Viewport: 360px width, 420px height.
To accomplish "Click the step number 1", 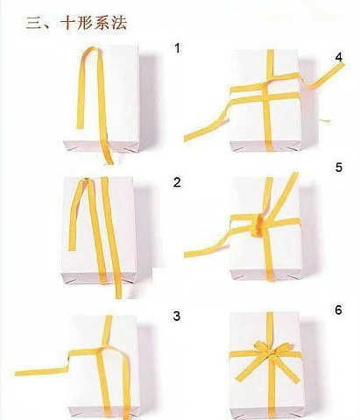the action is pos(177,48).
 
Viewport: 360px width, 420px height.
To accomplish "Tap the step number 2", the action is pos(177,182).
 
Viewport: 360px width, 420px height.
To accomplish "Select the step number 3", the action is pos(177,317).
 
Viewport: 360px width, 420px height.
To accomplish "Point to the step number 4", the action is pos(339,58).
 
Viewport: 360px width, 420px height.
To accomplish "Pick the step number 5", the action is pos(339,167).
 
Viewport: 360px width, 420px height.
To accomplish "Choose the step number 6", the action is pos(338,310).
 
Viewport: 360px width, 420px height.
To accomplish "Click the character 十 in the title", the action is pos(68,22).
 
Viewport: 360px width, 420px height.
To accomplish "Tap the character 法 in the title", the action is pos(119,22).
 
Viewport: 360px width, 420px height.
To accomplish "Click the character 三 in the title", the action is pos(35,23).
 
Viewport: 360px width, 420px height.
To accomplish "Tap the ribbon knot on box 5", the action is pos(258,225).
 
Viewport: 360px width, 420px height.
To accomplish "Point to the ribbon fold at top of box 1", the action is pos(91,50).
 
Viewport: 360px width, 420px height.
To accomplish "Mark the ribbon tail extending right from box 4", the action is pos(323,76).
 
